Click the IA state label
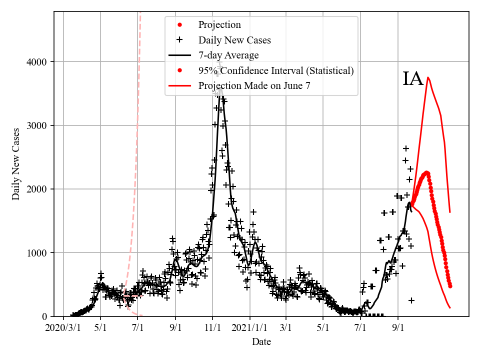[x=413, y=79]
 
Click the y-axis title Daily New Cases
[x=16, y=164]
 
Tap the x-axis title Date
[x=261, y=342]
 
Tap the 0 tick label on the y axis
[x=44, y=316]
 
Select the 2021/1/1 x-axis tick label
[x=249, y=329]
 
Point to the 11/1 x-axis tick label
[x=212, y=329]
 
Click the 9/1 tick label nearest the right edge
[x=398, y=329]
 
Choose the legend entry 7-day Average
[x=228, y=55]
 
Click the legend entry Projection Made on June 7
[x=254, y=85]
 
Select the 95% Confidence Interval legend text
[x=276, y=70]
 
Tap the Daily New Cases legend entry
[x=234, y=40]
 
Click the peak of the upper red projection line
[x=428, y=77]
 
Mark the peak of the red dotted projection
[x=427, y=173]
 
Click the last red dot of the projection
[x=450, y=286]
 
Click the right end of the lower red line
[x=450, y=307]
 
